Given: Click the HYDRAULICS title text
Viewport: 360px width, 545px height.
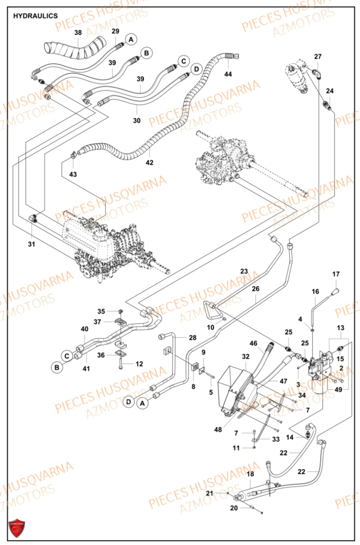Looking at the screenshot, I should [x=35, y=16].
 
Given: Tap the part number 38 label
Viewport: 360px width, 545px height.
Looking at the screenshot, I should [x=78, y=33].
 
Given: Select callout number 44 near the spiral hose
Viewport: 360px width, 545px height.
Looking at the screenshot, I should [x=228, y=74].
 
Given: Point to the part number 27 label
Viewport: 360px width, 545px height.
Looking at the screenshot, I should [x=318, y=57].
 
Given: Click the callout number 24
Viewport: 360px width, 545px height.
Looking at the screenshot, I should [x=330, y=90].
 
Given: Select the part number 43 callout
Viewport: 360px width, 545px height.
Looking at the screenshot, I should [x=73, y=174].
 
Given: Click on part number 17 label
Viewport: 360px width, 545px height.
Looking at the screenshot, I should [x=336, y=274].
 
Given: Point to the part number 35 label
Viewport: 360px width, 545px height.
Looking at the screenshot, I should [x=101, y=311].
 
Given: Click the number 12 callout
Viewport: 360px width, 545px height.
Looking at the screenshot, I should [x=139, y=364].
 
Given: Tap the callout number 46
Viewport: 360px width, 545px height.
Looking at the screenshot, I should [x=253, y=343].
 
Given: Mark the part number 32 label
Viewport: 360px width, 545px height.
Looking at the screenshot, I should [x=246, y=356].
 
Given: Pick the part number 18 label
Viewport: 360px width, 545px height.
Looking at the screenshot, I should [x=250, y=475].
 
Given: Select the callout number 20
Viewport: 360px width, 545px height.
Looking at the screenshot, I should [x=234, y=508].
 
